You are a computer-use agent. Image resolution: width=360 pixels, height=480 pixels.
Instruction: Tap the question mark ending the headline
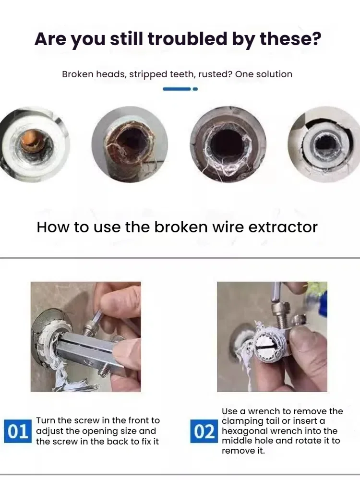tap(316, 39)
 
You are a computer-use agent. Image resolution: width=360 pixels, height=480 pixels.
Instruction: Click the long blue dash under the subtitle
tap(177, 89)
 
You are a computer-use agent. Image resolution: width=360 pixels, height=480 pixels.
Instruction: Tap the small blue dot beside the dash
tap(195, 89)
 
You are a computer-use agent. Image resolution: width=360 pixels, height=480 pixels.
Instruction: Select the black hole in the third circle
tap(227, 143)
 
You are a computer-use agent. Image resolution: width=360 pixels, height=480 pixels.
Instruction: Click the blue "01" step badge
tap(18, 431)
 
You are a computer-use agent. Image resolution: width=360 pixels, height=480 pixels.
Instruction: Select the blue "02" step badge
tap(204, 431)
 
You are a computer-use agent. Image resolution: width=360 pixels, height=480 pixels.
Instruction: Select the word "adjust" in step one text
tap(49, 431)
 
